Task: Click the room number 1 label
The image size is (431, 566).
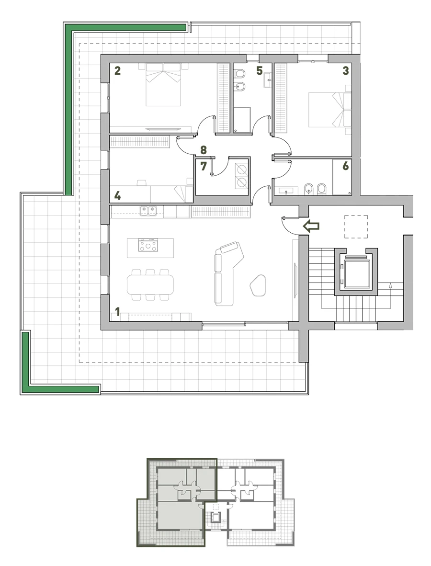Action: point(117,312)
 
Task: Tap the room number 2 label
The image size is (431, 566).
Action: point(117,70)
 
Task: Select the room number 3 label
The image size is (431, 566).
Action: point(345,70)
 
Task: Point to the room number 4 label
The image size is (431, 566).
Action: point(117,196)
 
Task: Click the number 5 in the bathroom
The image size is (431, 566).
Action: point(259,71)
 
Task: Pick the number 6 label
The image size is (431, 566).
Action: point(345,166)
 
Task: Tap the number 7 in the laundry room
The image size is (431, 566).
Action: point(204,166)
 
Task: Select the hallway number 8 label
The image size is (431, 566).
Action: point(204,149)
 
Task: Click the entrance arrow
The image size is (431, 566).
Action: point(311,226)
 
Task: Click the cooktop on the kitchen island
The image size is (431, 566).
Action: point(148,245)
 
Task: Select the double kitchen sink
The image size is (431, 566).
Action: point(148,210)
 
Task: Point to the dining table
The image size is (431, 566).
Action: point(150,285)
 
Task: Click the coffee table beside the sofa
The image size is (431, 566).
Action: point(258,285)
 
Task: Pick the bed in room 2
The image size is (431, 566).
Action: point(163,85)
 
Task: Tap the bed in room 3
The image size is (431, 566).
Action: point(330,110)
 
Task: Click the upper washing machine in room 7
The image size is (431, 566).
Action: point(241,170)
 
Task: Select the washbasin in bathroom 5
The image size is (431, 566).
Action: point(268,80)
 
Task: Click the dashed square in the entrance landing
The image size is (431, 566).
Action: point(356,226)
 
